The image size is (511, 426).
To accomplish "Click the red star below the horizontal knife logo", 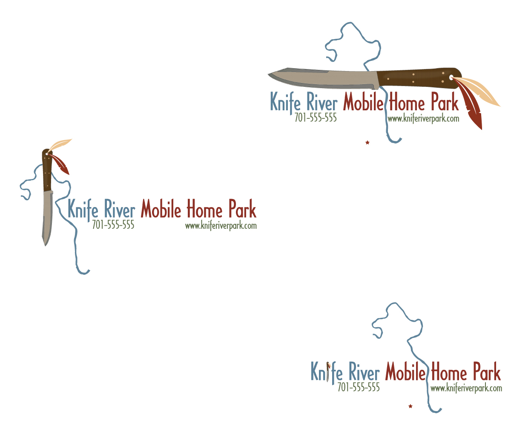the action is [x=367, y=142].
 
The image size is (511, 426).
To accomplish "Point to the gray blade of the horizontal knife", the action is [x=323, y=78].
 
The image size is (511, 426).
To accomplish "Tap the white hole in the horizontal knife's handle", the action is [x=451, y=78].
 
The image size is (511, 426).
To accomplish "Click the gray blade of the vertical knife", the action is [x=47, y=217].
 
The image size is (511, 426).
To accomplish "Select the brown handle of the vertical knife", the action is [x=47, y=170].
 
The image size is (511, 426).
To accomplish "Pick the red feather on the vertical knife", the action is [x=60, y=164].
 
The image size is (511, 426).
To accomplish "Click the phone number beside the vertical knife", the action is [x=113, y=225].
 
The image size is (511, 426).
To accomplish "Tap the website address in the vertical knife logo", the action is [x=221, y=226].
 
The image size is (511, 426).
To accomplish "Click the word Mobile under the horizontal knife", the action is [x=363, y=101].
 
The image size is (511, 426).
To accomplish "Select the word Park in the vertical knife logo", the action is [x=243, y=209].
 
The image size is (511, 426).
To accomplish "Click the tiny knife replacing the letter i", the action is [x=328, y=371].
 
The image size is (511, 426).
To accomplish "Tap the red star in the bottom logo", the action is [x=411, y=406].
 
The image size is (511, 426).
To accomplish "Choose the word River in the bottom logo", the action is [x=364, y=371].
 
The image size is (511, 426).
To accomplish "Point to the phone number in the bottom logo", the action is [x=359, y=387].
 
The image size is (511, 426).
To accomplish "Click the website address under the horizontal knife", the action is [x=423, y=119].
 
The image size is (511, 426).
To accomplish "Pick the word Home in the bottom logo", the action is [x=449, y=371].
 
